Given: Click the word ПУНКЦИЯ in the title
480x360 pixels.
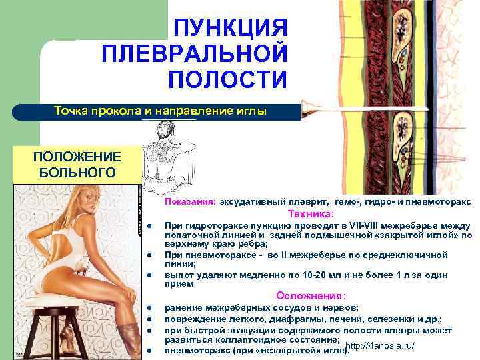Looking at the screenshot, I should tap(231, 28).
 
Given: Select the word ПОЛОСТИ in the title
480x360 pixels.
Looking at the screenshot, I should tap(227, 79).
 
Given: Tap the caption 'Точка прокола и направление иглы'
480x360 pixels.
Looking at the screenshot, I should tap(160, 111).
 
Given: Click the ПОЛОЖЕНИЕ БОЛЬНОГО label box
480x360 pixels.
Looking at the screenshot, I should tap(77, 164).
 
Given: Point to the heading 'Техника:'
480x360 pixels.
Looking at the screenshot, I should tap(311, 215).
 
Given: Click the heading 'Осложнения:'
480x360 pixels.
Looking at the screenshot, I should tap(311, 296).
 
